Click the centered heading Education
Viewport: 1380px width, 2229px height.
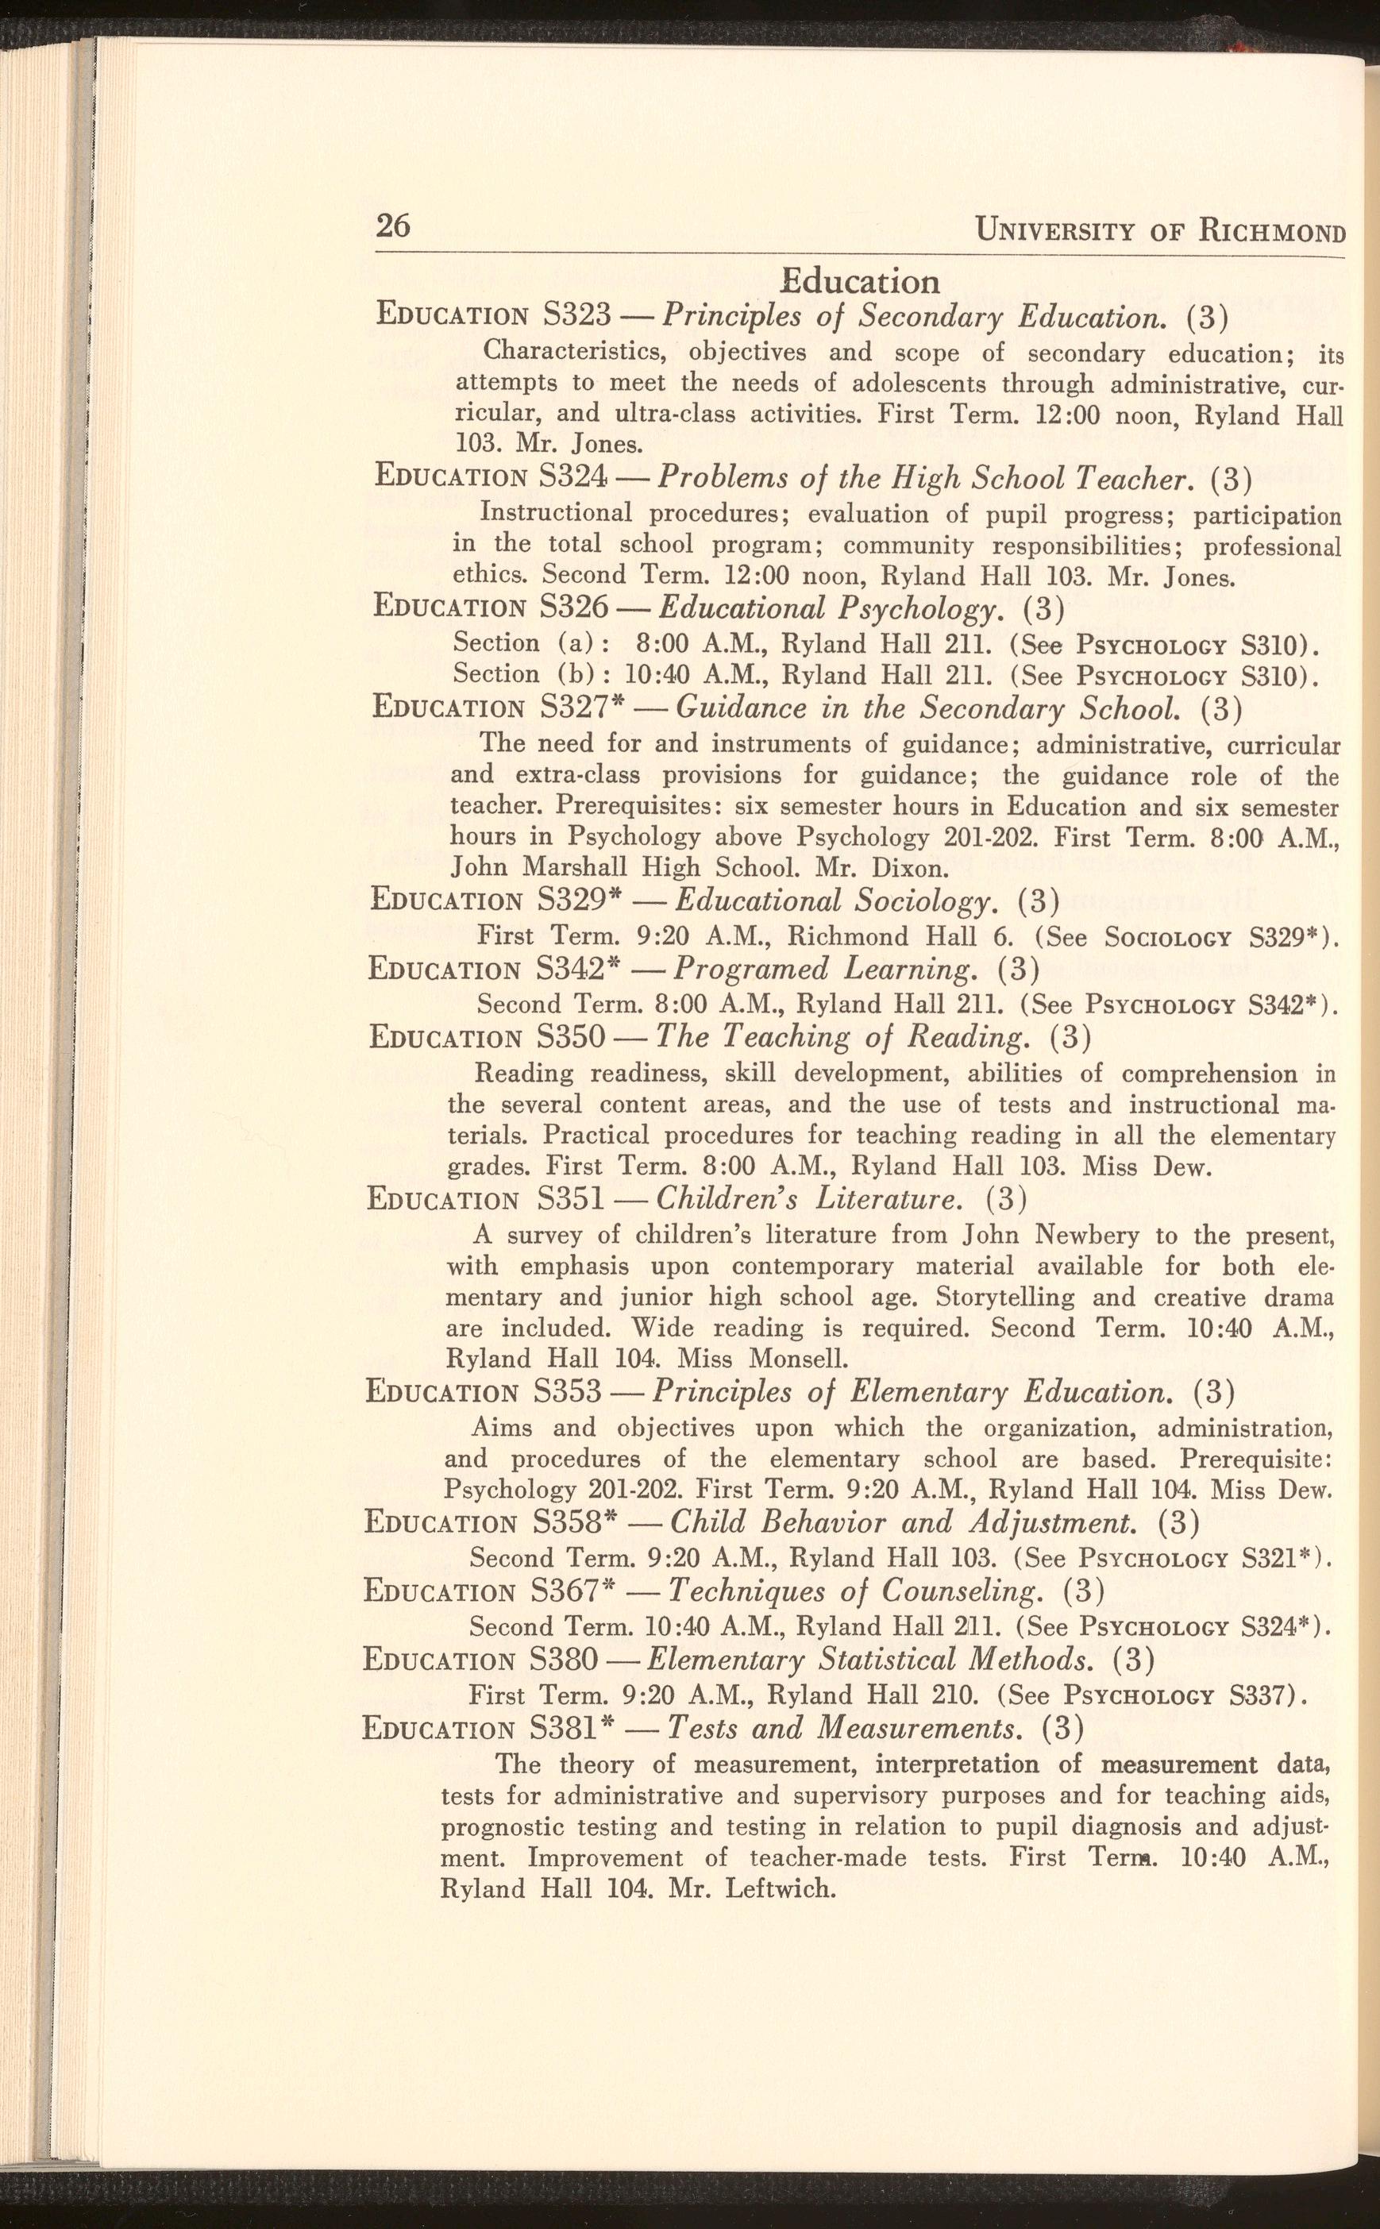(x=862, y=281)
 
